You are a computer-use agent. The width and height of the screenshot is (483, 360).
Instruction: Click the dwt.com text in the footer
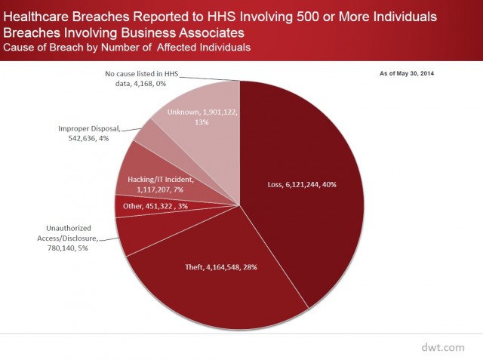pyautogui.click(x=443, y=346)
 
